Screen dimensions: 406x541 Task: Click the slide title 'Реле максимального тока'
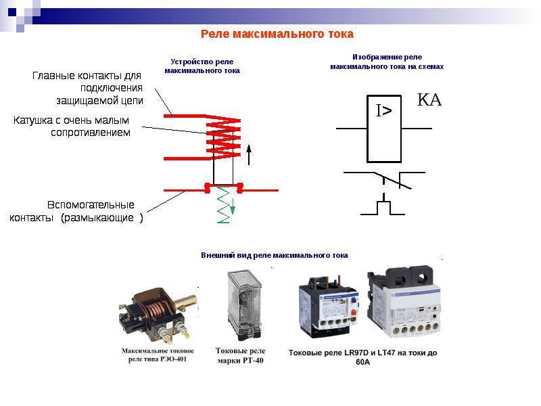pos(277,34)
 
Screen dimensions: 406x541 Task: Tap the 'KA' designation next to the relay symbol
pos(429,101)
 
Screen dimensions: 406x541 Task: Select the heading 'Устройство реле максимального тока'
pos(202,66)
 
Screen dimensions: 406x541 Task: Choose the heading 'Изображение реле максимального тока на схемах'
pos(387,62)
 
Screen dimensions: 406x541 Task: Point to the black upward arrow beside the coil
pos(249,154)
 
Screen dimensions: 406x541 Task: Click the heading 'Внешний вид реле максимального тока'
pos(274,256)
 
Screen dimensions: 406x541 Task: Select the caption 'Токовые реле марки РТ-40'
pos(240,355)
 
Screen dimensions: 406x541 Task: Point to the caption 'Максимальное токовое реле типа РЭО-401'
pos(158,355)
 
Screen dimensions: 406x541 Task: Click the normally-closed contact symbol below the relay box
pos(386,179)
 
